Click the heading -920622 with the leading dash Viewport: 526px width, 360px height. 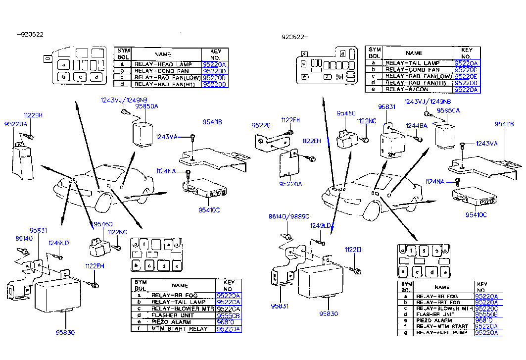pyautogui.click(x=30, y=34)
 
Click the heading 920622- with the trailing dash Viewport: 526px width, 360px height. pyautogui.click(x=295, y=37)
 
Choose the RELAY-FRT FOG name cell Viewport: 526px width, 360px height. pyautogui.click(x=438, y=302)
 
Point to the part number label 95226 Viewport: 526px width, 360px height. pyautogui.click(x=261, y=125)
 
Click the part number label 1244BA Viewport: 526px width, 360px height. pyautogui.click(x=416, y=125)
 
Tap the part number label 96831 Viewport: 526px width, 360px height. pyautogui.click(x=387, y=106)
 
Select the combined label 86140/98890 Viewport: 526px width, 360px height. pyautogui.click(x=289, y=216)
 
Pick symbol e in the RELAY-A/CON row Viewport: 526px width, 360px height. pyautogui.click(x=375, y=90)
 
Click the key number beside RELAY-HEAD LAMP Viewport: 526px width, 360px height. pyautogui.click(x=214, y=64)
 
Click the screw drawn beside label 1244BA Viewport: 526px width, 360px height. pyautogui.click(x=419, y=140)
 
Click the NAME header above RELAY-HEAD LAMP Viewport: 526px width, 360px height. pyautogui.click(x=163, y=54)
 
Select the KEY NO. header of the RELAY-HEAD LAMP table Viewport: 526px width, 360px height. pyautogui.click(x=215, y=54)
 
